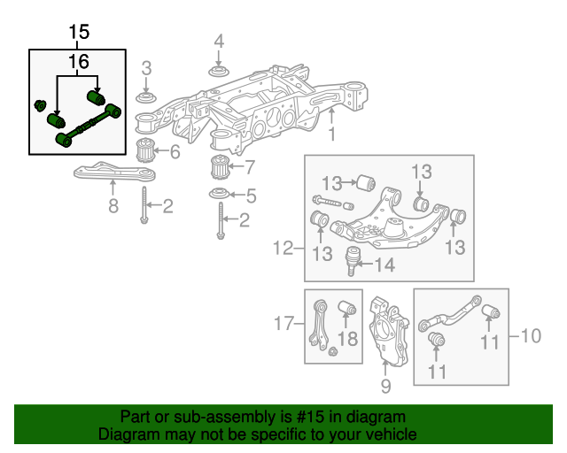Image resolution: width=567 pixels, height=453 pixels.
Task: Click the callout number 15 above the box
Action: pyautogui.click(x=79, y=33)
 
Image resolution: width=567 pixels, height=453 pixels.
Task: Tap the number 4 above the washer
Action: pyautogui.click(x=219, y=42)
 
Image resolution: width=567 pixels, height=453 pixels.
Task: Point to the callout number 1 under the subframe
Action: pyautogui.click(x=332, y=134)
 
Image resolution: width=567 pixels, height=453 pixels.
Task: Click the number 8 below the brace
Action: pyautogui.click(x=113, y=207)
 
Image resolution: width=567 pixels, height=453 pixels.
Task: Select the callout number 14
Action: pyautogui.click(x=385, y=264)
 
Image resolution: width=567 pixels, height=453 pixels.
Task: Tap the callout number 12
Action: pyautogui.click(x=282, y=249)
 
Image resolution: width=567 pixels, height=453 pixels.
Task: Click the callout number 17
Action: pyautogui.click(x=282, y=325)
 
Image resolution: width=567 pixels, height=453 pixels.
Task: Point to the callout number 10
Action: pyautogui.click(x=530, y=335)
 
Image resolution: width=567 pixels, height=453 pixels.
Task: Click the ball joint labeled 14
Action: pyautogui.click(x=353, y=260)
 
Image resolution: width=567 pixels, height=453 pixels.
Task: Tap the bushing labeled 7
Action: pyautogui.click(x=217, y=166)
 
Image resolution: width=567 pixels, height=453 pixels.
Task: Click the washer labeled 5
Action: pyautogui.click(x=217, y=194)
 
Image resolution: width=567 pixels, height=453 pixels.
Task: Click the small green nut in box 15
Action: pyautogui.click(x=39, y=107)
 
